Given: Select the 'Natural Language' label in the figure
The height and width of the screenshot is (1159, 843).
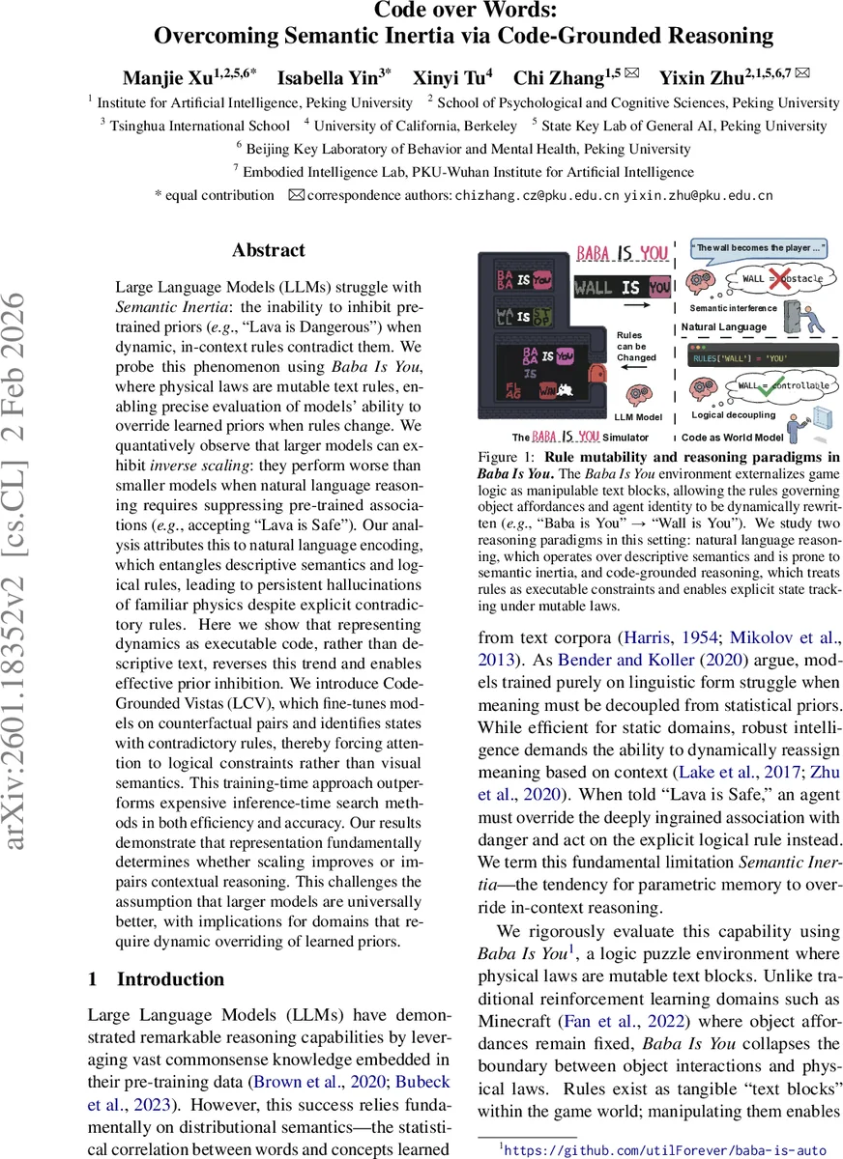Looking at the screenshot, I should pyautogui.click(x=725, y=327).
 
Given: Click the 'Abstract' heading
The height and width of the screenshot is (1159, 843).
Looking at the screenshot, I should pyautogui.click(x=269, y=250).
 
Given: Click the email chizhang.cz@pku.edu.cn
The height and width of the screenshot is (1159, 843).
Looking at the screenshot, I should pyautogui.click(x=538, y=195).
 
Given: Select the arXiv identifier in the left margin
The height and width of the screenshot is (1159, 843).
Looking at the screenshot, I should pyautogui.click(x=26, y=579).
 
